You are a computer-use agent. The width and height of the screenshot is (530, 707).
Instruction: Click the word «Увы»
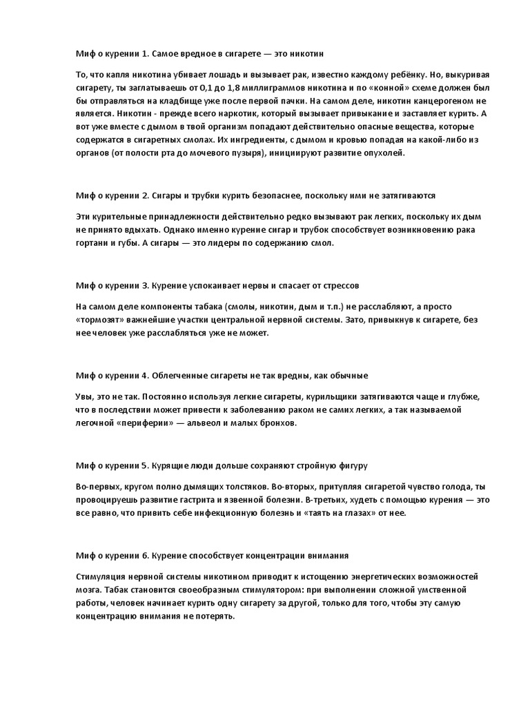coord(84,397)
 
